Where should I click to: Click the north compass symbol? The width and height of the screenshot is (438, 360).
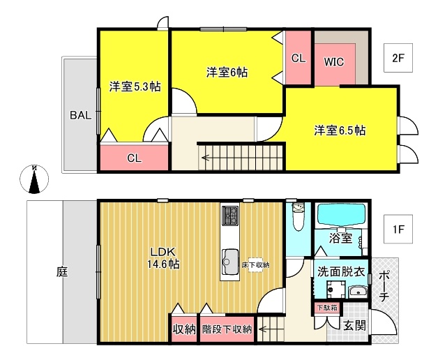coord(34,179)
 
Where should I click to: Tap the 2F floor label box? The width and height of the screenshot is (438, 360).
coord(398,58)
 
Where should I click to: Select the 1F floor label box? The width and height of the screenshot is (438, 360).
coord(398,229)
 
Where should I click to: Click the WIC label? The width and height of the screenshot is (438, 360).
coord(334,61)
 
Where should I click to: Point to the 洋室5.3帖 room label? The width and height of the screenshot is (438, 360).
coord(135,87)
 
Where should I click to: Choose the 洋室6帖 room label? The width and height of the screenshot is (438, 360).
coord(227,73)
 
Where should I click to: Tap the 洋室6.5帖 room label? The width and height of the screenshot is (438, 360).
coord(340,130)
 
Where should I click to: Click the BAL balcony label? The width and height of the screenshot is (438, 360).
coord(80,115)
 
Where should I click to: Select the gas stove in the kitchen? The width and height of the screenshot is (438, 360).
coord(230,216)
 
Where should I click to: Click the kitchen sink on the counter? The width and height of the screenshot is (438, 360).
coord(230,262)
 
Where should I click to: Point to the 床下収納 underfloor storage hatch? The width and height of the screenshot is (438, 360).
coord(255,264)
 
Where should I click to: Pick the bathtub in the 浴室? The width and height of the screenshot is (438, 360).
coord(341,214)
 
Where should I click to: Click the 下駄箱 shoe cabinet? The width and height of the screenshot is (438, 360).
coord(327,308)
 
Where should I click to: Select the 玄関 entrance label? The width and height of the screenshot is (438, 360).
coord(354,325)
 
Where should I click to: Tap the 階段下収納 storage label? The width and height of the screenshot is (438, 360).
coord(227,329)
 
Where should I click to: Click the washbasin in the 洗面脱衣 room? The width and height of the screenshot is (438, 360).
coord(358,292)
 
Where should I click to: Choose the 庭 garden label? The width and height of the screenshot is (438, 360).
coord(62,271)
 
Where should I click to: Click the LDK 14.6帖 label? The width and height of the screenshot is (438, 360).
coord(163,258)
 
